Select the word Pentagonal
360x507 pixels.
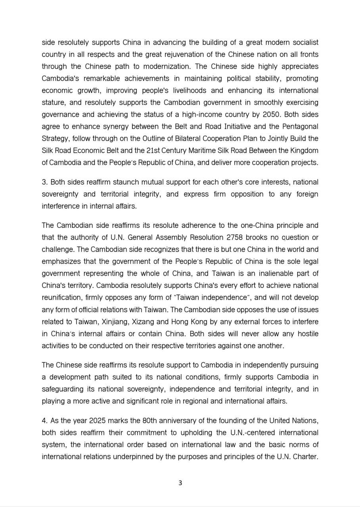[299, 126]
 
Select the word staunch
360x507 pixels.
[126, 182]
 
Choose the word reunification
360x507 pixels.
[61, 297]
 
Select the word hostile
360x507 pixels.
[307, 334]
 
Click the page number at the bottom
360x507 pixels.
[180, 483]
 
